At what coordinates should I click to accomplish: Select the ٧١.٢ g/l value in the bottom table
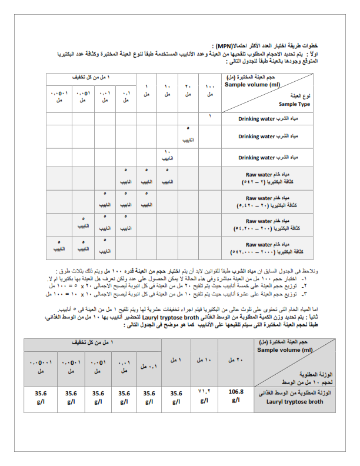[x=204, y=395]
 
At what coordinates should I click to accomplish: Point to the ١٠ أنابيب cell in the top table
[x=167, y=155]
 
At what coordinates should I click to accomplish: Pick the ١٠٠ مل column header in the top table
[x=210, y=91]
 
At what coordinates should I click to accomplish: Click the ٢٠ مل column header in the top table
[x=188, y=91]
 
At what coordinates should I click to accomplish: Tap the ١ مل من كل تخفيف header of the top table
[x=96, y=78]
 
